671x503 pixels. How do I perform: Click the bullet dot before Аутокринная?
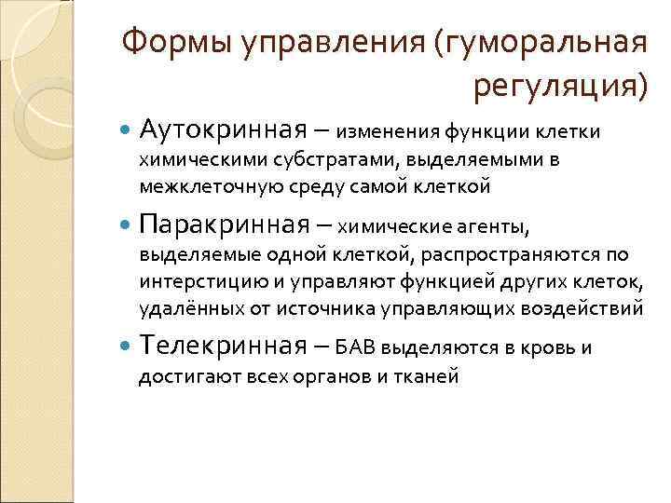127,129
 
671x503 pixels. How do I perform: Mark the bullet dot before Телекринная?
127,348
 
